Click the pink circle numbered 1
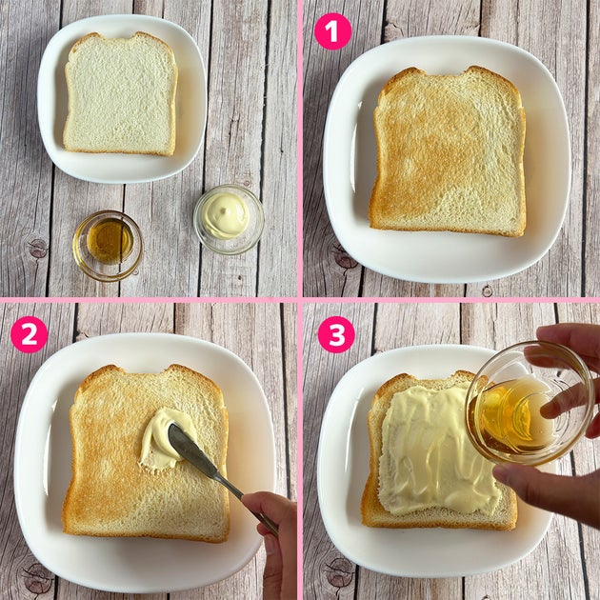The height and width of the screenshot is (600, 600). tap(333, 31)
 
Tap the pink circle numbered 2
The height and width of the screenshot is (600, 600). tap(30, 334)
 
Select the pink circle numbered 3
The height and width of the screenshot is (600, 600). tap(336, 334)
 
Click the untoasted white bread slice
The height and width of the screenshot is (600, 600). tap(120, 93)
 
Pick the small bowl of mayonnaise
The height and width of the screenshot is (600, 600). tap(229, 219)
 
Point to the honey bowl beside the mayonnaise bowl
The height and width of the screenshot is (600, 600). tap(108, 246)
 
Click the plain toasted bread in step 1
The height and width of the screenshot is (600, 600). tap(448, 151)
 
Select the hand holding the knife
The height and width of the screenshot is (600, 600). tap(271, 544)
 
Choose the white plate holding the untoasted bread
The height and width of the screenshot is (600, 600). tap(122, 99)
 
